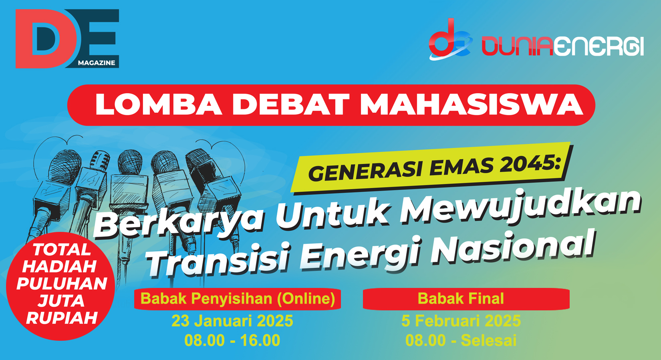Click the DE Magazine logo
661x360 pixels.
[x=67, y=39]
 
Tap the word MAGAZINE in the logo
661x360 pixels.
[x=97, y=63]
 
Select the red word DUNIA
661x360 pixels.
[x=517, y=46]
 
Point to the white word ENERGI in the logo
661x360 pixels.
[x=599, y=46]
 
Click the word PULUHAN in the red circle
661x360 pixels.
[x=62, y=284]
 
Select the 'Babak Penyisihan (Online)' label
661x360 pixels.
[x=238, y=299]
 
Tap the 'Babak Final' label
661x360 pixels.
[x=461, y=298]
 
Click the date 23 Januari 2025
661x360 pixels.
[x=232, y=321]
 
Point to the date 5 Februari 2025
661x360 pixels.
[x=461, y=321]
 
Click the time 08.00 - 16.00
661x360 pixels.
[x=232, y=340]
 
